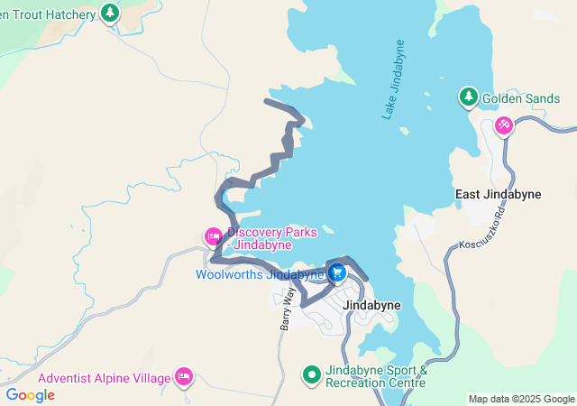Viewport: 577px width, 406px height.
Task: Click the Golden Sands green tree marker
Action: [x=468, y=96]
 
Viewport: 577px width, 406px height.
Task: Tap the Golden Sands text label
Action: [x=514, y=98]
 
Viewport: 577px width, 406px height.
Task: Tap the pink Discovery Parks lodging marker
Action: [x=213, y=236]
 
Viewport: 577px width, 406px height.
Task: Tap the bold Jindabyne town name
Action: [x=372, y=305]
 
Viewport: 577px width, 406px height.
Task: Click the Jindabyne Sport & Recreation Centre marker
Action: [x=311, y=374]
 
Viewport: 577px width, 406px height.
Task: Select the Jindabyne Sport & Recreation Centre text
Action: [x=376, y=376]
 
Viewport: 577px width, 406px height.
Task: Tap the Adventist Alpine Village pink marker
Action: [x=184, y=374]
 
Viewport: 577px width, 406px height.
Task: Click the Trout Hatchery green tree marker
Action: [x=110, y=13]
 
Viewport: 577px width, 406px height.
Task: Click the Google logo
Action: [x=30, y=394]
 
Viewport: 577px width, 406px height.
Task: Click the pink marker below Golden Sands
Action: [x=504, y=125]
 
